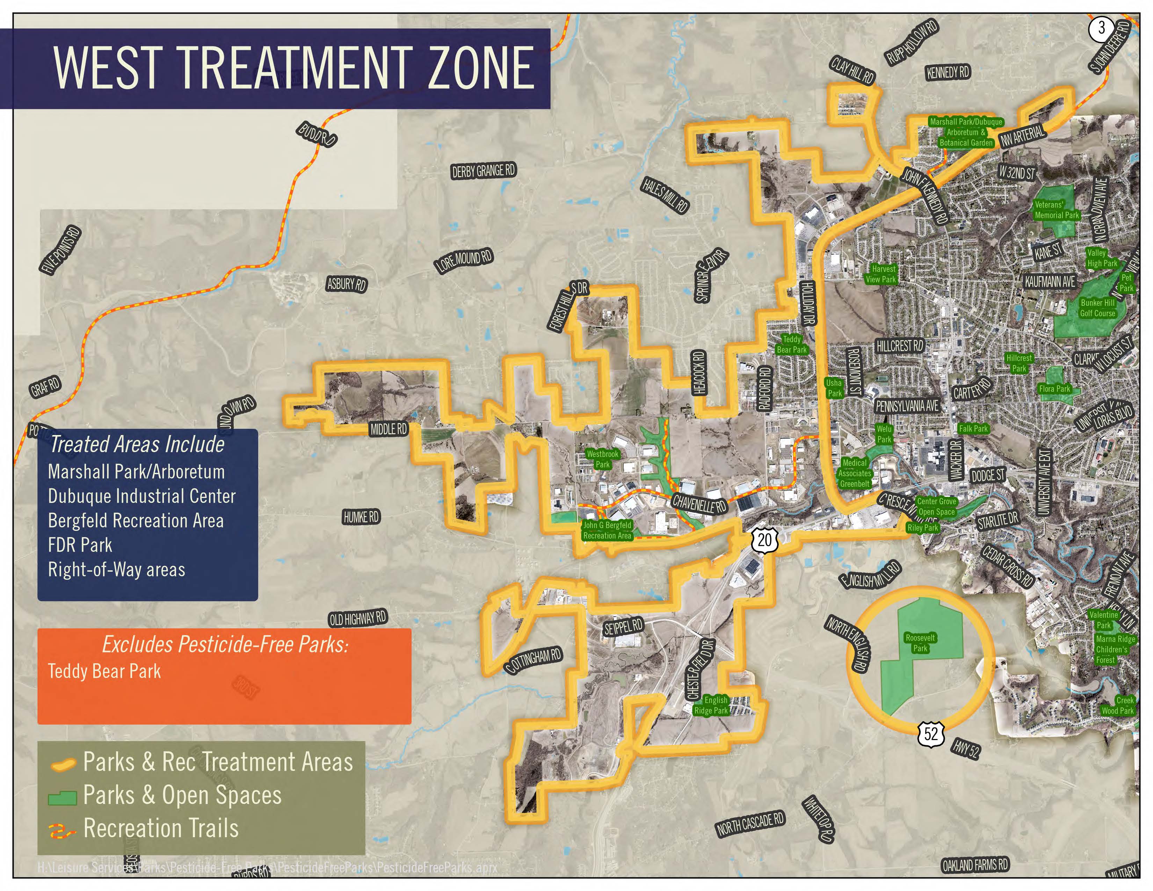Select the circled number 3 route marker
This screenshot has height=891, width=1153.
tap(1101, 28)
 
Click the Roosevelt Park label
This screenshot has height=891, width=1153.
tap(920, 643)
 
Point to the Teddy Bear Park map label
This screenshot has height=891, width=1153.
tap(791, 344)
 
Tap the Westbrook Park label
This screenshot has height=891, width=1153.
tap(602, 459)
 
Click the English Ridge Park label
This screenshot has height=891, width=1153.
tap(711, 705)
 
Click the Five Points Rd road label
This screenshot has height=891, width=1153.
tap(61, 250)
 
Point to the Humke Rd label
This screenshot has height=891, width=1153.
tap(361, 517)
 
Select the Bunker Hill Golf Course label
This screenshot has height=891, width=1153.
tap(1097, 308)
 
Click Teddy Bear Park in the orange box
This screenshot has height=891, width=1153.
tap(104, 672)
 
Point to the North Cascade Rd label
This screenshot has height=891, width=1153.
tap(750, 825)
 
